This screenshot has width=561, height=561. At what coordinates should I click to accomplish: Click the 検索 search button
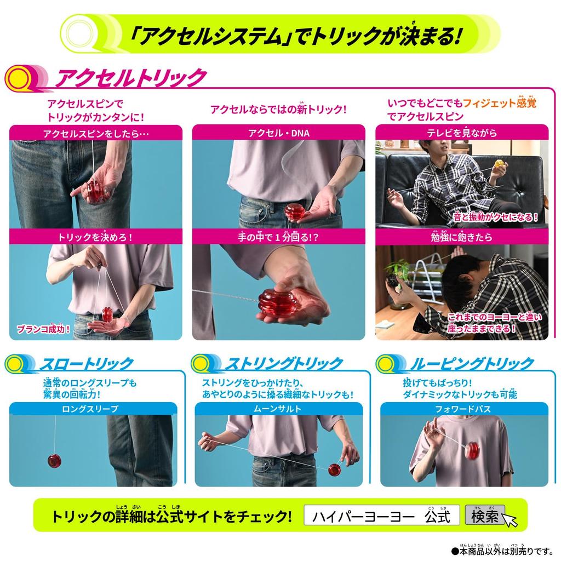(x=484, y=516)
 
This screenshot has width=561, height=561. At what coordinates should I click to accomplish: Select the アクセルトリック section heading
(x=131, y=78)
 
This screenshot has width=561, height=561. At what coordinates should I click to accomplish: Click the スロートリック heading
(x=86, y=363)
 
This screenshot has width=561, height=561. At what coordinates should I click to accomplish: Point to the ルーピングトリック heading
(x=471, y=363)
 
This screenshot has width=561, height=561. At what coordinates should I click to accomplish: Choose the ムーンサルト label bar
(x=278, y=409)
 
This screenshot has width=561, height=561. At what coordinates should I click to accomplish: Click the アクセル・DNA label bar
(x=278, y=132)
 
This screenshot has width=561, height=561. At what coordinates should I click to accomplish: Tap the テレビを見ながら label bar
(x=462, y=132)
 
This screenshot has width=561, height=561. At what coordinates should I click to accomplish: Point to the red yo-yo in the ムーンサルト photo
(x=334, y=470)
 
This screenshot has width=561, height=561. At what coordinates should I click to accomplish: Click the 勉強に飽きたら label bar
(x=462, y=237)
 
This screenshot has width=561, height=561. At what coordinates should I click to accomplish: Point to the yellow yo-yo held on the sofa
(x=499, y=164)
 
